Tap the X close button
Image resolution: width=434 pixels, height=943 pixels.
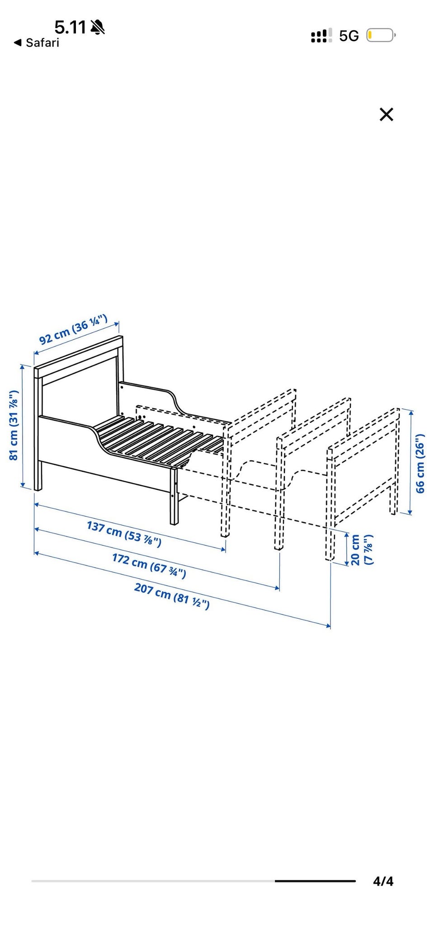(x=386, y=114)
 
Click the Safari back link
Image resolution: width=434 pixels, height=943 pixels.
(x=37, y=43)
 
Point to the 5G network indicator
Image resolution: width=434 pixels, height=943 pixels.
(x=349, y=36)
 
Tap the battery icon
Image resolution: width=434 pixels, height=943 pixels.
(x=381, y=35)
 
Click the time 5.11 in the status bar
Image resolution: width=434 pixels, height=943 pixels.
(x=70, y=28)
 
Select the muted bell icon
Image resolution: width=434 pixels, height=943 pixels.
(x=97, y=28)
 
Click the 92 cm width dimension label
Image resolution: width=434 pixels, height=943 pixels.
(x=73, y=330)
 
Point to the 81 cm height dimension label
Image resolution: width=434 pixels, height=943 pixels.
(x=14, y=425)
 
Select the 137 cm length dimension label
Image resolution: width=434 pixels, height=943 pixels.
(x=124, y=534)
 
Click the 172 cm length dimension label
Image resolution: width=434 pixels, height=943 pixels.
(x=149, y=565)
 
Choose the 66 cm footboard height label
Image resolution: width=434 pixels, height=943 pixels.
(x=420, y=463)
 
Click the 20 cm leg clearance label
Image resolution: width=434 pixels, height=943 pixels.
(x=361, y=549)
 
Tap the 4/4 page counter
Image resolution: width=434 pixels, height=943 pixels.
(x=383, y=881)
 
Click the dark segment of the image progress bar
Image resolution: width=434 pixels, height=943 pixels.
(x=315, y=881)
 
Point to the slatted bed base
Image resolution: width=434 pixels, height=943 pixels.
(x=158, y=438)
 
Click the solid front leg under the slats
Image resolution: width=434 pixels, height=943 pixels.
(x=174, y=496)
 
